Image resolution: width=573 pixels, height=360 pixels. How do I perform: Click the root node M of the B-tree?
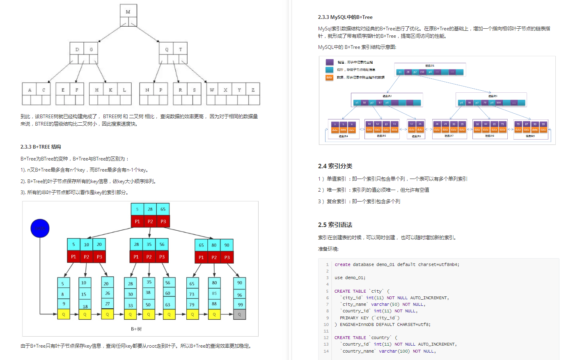tap(128, 12)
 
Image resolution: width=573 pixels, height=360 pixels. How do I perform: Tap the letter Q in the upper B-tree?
tap(167, 49)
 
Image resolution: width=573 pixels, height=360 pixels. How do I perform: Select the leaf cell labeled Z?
tap(253, 90)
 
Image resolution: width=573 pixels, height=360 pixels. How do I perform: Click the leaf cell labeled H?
tap(96, 90)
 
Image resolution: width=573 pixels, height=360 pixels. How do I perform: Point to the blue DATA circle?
tap(40, 228)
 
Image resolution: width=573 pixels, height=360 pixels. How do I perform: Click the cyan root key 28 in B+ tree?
tap(150, 209)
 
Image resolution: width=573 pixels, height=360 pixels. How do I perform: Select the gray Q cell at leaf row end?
tap(240, 314)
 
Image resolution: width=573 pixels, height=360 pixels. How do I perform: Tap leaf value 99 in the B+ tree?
tap(240, 305)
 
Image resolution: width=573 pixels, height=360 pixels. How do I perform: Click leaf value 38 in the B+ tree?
tap(148, 293)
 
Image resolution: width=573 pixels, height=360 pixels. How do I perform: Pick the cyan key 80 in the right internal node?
tap(214, 245)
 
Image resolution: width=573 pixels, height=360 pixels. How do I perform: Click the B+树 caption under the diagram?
tap(136, 329)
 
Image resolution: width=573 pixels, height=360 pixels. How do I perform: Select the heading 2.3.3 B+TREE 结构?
tap(41, 147)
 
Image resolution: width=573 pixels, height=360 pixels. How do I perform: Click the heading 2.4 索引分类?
tap(335, 166)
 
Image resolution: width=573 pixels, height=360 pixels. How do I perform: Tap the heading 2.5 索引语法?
tap(335, 225)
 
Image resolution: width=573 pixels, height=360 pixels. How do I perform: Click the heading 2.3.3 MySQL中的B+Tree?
tap(345, 17)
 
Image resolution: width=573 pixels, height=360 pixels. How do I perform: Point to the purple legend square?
tap(330, 62)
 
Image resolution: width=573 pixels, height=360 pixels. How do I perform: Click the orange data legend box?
tap(329, 77)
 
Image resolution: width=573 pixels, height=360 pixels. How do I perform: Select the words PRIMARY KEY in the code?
tap(354, 318)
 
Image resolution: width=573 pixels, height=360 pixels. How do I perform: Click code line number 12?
tap(326, 337)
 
